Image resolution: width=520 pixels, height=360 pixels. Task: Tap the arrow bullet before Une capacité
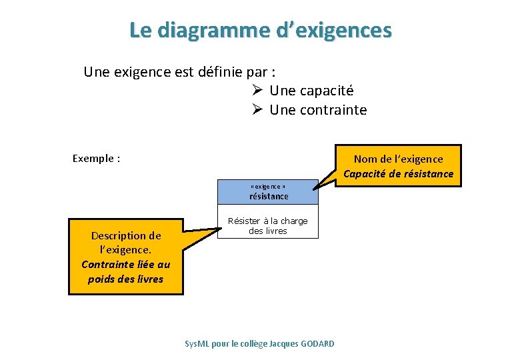[x=259, y=90]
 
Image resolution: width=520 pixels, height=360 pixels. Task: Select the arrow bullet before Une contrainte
[x=259, y=110]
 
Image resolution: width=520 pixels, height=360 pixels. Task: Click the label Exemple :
[x=96, y=159]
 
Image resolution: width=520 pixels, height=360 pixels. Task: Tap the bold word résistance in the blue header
[x=269, y=197]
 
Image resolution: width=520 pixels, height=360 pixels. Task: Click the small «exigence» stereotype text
[x=268, y=187]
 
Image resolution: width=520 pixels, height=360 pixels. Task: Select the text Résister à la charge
[x=268, y=221]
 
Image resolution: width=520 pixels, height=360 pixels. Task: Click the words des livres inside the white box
[x=268, y=231]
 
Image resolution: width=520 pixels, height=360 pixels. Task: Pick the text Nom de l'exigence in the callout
[x=398, y=159]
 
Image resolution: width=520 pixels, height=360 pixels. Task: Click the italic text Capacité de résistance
[x=398, y=174]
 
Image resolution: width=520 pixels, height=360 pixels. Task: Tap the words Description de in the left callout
[x=126, y=235]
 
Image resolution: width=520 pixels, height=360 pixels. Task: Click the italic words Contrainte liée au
[x=126, y=265]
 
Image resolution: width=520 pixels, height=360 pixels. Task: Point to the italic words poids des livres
[x=126, y=279]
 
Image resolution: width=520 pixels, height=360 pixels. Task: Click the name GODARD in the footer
[x=317, y=343]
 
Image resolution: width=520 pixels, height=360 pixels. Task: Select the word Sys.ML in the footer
[x=197, y=343]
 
